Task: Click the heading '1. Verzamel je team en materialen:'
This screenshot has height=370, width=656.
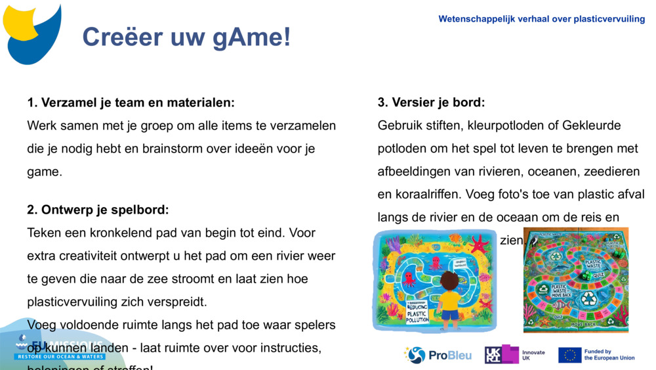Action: point(131,103)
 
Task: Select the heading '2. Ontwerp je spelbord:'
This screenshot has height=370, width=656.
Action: point(98,210)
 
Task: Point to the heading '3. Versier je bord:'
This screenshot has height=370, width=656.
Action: point(431,103)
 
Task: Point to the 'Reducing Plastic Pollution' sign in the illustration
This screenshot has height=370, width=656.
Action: point(417,310)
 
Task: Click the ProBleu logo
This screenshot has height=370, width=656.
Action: point(438,355)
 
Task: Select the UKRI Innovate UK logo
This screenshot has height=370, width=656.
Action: point(514,355)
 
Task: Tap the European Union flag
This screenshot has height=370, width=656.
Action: point(569,355)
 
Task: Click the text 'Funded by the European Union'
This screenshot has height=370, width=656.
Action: point(609,355)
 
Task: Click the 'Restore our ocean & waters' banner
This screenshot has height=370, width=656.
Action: point(60,356)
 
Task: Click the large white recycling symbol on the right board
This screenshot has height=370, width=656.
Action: point(588,299)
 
